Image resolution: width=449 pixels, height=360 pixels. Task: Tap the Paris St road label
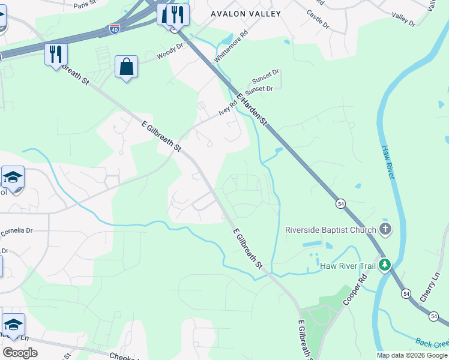[x=85, y=5]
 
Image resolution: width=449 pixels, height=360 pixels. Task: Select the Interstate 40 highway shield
[x=114, y=28]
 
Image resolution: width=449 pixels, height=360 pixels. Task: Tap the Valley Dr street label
[x=403, y=20]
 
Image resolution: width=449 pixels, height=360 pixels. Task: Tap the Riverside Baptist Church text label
[x=330, y=229]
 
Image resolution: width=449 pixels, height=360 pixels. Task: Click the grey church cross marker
[x=385, y=229]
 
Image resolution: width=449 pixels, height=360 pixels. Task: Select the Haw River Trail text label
[x=347, y=265]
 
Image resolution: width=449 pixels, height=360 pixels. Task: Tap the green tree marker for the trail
[x=384, y=265]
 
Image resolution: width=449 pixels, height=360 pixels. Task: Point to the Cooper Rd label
[x=355, y=290]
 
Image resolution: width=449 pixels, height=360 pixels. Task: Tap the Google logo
[x=20, y=352]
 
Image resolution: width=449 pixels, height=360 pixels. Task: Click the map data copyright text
[x=412, y=355]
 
